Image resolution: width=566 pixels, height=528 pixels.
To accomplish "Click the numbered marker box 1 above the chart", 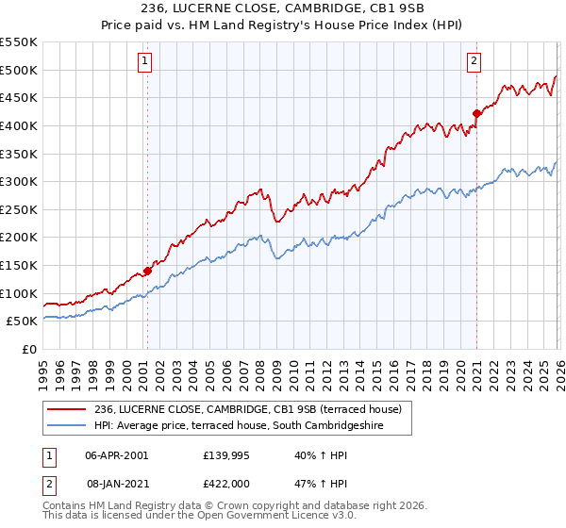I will click(x=146, y=61).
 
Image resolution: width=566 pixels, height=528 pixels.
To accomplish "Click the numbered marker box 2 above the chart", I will click(x=474, y=61).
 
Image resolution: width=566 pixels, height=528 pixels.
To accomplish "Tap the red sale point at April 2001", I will click(x=147, y=272).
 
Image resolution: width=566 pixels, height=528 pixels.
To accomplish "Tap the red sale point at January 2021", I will click(x=476, y=114).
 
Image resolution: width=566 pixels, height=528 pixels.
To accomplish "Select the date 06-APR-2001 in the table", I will click(x=116, y=454).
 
